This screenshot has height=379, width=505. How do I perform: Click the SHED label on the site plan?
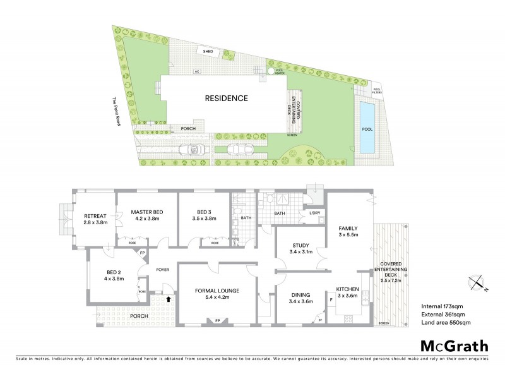point(207,51)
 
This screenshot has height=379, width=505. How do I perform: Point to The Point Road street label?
point(116,111)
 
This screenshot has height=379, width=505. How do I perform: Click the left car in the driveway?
point(191,150)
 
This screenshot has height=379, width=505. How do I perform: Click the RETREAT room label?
point(96,216)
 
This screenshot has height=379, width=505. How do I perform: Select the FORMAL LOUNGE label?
point(217,291)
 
